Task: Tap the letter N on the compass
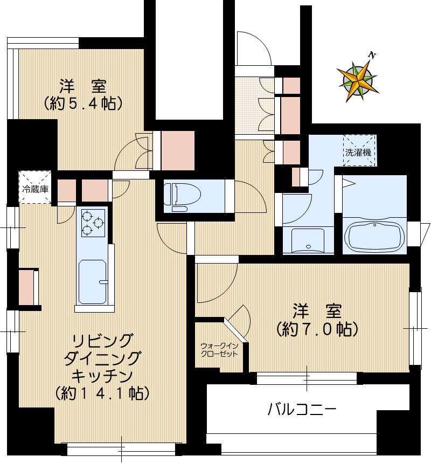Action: [x=372, y=54]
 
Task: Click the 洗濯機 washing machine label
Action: [x=358, y=152]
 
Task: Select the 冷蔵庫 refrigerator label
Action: [x=35, y=190]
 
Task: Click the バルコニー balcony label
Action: [x=302, y=410]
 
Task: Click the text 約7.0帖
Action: [x=317, y=328]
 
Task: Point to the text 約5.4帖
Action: [x=83, y=103]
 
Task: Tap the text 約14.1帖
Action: [x=102, y=393]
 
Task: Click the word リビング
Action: [x=102, y=341]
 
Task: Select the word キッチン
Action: [x=102, y=376]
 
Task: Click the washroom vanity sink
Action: [x=308, y=240]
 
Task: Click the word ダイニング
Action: [x=102, y=358]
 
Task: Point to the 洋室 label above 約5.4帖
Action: [x=83, y=86]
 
